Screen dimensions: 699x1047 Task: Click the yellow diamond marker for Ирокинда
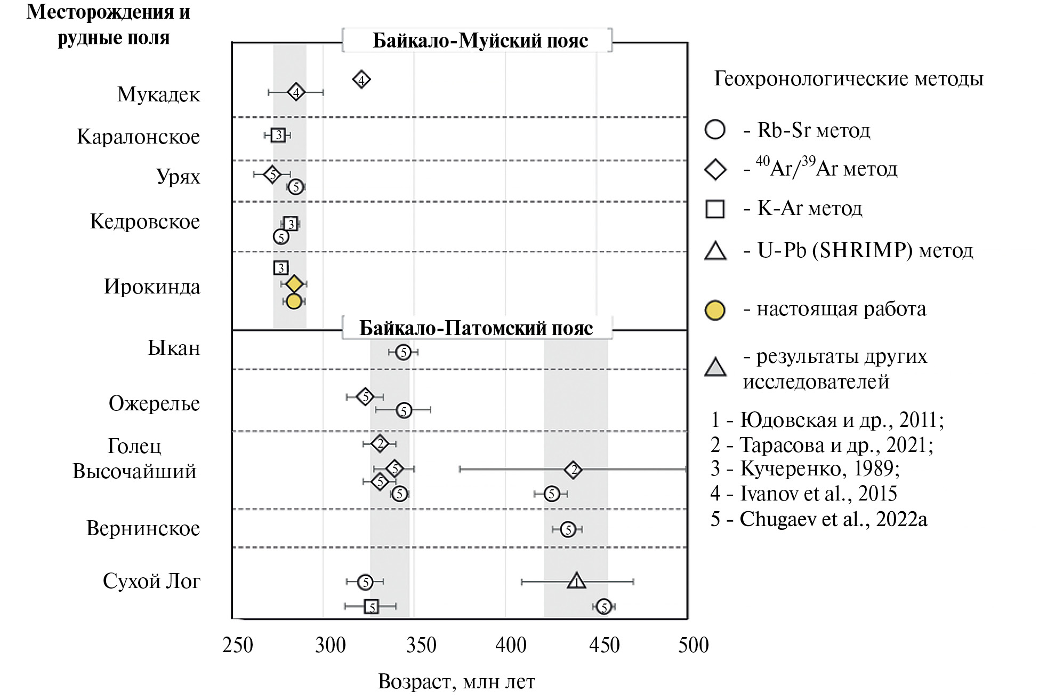point(294,284)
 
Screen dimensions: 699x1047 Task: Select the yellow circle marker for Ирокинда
point(294,301)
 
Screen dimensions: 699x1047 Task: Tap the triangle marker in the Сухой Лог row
point(576,581)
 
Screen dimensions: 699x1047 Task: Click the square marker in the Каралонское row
point(278,135)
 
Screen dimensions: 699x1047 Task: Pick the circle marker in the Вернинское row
point(568,529)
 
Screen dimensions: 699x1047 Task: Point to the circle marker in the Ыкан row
point(404,352)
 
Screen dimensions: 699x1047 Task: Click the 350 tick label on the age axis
point(421,645)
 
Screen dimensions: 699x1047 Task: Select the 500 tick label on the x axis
point(693,645)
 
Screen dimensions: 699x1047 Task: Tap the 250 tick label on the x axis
point(237,645)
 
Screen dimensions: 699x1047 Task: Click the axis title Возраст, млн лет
point(456,681)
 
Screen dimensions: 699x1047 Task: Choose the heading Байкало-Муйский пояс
point(480,41)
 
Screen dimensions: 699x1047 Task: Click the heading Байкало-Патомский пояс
point(476,328)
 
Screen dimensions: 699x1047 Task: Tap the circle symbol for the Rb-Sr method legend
point(715,130)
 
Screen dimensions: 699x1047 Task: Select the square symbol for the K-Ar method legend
point(715,209)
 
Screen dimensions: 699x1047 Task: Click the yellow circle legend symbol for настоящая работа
point(715,310)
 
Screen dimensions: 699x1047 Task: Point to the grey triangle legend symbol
point(715,368)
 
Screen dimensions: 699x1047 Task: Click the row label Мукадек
point(158,94)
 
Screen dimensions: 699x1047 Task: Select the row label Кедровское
point(145,221)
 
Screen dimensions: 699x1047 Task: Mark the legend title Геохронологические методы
point(849,79)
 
